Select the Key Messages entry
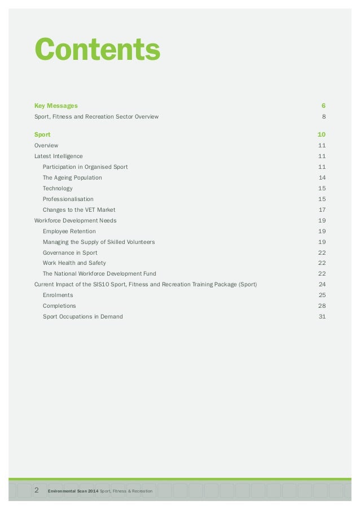point(56,106)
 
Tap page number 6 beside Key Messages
point(323,106)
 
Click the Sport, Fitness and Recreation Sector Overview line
point(96,116)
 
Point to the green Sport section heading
point(42,134)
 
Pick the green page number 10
point(322,134)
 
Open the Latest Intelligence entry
point(59,156)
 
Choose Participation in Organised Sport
point(85,167)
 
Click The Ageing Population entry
point(72,177)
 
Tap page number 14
point(322,177)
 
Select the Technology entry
point(58,188)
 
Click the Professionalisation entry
point(68,199)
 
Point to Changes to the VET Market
point(79,210)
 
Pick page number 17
point(322,210)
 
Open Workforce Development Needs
point(76,220)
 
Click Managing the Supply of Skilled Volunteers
point(99,242)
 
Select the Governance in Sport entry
point(70,252)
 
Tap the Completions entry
point(59,306)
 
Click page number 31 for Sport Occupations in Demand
point(322,316)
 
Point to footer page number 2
point(37,490)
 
